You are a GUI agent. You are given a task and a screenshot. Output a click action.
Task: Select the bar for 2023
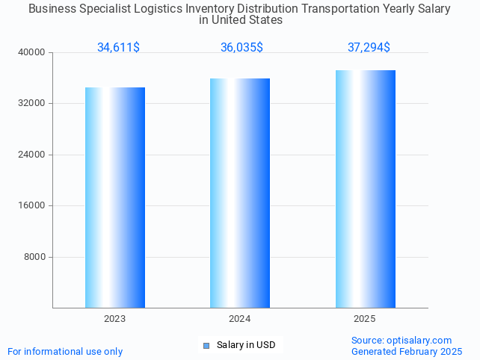click(x=115, y=197)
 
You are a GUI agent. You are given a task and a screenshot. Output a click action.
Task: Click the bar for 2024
click(x=240, y=193)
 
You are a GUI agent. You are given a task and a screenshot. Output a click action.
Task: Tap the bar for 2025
click(x=365, y=188)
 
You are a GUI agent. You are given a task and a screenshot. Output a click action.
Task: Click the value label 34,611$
click(x=118, y=47)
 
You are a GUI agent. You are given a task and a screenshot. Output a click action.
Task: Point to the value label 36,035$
click(x=241, y=47)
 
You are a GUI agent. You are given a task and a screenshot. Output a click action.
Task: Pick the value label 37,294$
click(x=369, y=47)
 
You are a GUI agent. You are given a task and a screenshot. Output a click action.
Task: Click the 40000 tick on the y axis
click(x=32, y=52)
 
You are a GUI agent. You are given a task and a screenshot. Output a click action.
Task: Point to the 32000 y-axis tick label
click(x=32, y=103)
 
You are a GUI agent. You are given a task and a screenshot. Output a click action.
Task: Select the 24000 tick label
click(x=32, y=155)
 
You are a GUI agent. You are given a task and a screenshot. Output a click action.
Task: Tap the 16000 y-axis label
click(x=32, y=205)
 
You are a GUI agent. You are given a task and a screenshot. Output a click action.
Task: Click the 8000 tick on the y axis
click(x=34, y=257)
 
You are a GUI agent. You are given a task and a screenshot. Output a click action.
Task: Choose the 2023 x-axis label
click(x=115, y=319)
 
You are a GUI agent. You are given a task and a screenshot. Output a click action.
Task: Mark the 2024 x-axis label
click(x=240, y=319)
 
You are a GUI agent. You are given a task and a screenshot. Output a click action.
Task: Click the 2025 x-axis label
click(x=365, y=319)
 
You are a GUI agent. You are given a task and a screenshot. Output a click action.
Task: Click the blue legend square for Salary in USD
click(x=206, y=345)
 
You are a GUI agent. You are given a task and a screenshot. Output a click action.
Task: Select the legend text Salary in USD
click(x=246, y=345)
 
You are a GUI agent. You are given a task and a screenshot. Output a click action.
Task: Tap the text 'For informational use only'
click(x=65, y=351)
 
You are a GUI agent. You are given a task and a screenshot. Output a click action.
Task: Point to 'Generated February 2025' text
click(x=407, y=351)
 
